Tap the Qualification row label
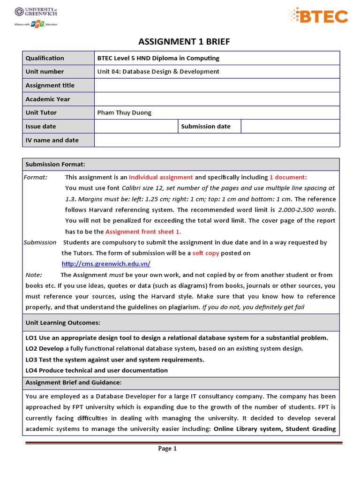click(45, 58)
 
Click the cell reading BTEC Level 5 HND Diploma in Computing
click(158, 58)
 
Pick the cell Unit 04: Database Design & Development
click(158, 72)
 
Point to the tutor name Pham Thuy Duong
click(124, 112)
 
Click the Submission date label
click(206, 127)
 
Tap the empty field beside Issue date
click(136, 127)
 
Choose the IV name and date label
click(52, 140)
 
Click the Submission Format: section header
click(55, 164)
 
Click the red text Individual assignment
click(161, 177)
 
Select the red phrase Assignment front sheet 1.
click(143, 232)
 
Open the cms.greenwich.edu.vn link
click(106, 264)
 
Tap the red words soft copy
click(206, 253)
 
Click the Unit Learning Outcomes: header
click(62, 322)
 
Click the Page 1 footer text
click(167, 449)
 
